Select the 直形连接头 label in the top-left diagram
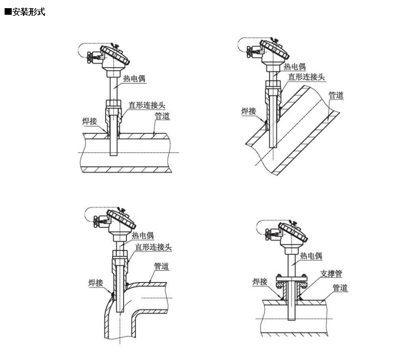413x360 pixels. click(x=147, y=105)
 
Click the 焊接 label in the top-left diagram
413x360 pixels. click(x=90, y=121)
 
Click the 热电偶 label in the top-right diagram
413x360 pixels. click(x=294, y=66)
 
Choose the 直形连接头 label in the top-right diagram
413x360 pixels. click(x=306, y=76)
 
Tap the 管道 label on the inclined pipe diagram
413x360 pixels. click(x=335, y=95)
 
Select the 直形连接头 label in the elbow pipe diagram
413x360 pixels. click(x=153, y=247)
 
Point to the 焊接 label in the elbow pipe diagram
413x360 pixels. click(x=96, y=281)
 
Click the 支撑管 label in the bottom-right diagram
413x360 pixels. click(x=331, y=273)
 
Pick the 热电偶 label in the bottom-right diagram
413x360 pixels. click(x=311, y=256)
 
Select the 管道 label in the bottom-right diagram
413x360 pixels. click(x=340, y=288)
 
